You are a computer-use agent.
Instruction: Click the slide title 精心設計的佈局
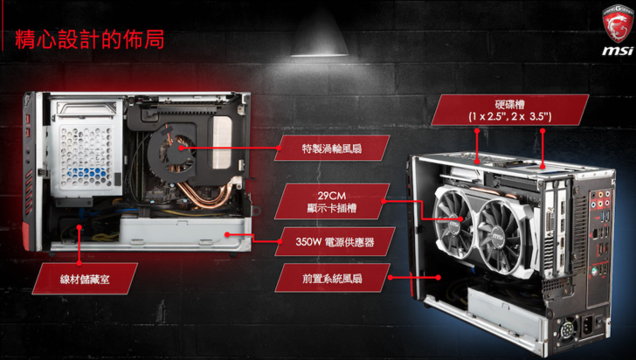(90, 39)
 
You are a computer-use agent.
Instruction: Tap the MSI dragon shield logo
(618, 23)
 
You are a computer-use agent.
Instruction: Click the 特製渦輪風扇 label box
(332, 149)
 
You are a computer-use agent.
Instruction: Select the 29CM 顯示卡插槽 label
(332, 202)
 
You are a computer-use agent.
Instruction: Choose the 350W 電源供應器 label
(335, 242)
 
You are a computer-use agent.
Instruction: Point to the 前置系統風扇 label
(332, 278)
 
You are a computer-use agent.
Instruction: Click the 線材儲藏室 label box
(85, 279)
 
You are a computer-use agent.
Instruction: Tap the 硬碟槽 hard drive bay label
(510, 110)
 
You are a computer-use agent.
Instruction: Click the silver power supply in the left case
(183, 233)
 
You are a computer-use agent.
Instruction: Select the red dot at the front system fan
(438, 278)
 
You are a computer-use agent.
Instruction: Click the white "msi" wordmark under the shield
(618, 51)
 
